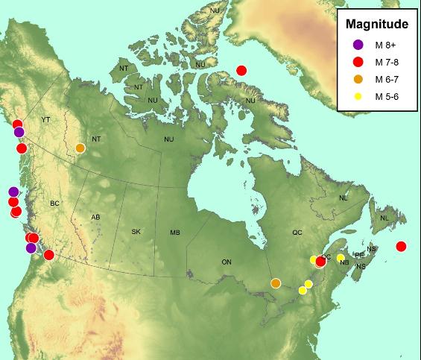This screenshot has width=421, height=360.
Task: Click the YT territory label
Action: click(45, 119)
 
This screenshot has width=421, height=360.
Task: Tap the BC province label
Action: click(54, 203)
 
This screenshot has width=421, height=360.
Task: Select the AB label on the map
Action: click(95, 217)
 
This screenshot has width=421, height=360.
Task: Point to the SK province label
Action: click(136, 232)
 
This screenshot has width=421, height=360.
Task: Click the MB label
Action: click(175, 233)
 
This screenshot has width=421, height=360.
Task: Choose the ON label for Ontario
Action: click(227, 262)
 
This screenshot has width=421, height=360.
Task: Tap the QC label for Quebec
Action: click(297, 233)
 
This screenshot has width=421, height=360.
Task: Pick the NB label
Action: click(344, 262)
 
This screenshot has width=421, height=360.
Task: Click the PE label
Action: click(360, 255)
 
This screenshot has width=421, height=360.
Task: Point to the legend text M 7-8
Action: click(390, 63)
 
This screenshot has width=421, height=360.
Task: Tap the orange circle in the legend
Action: click(358, 80)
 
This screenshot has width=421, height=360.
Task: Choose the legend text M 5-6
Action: click(390, 97)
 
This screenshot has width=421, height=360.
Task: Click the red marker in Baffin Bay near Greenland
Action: click(241, 71)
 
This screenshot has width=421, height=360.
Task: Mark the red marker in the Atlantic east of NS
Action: click(402, 247)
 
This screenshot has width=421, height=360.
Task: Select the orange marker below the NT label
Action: click(80, 148)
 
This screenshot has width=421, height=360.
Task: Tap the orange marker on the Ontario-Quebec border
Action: click(276, 283)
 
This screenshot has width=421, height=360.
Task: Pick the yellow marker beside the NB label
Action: click(341, 258)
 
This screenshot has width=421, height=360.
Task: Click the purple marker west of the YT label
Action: click(19, 132)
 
